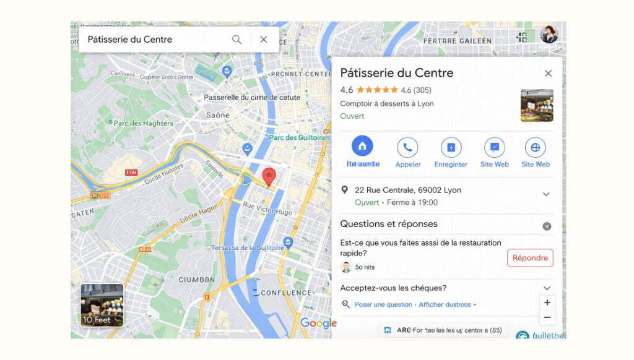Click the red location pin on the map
coord(269,176)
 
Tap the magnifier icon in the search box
coord(237,40)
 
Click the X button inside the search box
coord(264,40)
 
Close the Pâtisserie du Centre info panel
coord(548,73)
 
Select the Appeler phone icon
coord(407,148)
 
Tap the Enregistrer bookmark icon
coord(451,148)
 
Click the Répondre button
coord(530,258)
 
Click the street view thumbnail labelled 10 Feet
coord(102,305)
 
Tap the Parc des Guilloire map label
coord(297,137)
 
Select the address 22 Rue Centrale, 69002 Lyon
coord(408,190)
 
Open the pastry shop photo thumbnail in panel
coord(537,105)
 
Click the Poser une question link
coord(383,304)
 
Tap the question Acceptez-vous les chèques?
coord(393,288)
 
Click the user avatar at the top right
coord(549,35)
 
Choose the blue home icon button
coord(362,147)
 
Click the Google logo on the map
coord(318,322)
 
